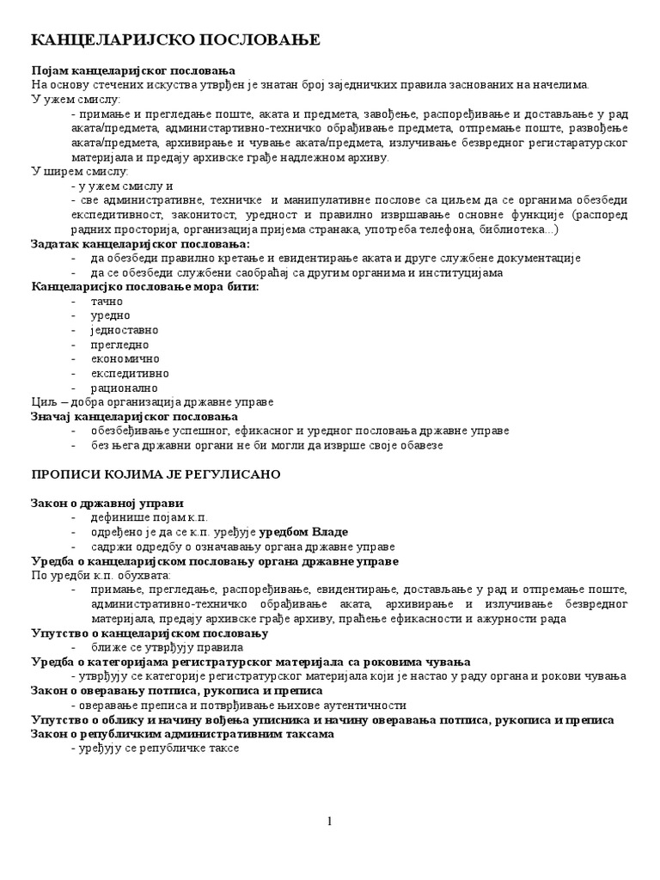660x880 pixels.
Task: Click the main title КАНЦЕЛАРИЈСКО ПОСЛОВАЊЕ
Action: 175,40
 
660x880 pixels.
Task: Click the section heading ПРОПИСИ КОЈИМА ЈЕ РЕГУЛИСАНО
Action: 156,474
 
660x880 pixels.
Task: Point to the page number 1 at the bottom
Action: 329,822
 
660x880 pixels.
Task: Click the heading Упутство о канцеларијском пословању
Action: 149,633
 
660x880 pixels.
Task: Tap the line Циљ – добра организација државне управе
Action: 152,402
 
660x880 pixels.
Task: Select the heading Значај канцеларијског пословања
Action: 134,416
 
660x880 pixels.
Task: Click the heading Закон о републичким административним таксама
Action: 182,735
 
